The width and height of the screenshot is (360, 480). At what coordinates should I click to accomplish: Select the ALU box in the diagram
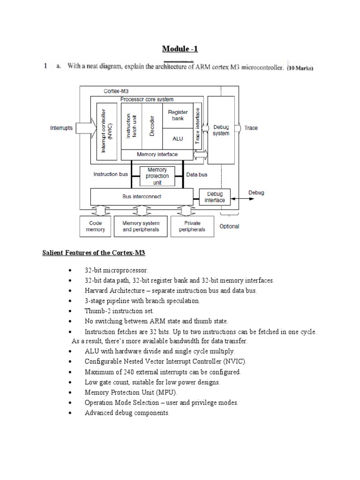tap(177, 139)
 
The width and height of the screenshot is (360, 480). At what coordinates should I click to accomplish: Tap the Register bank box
tap(177, 115)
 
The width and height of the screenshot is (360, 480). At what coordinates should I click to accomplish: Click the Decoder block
tap(152, 126)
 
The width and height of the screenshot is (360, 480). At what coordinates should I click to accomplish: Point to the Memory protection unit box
tap(157, 176)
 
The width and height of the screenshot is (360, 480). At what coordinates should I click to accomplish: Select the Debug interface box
tap(215, 197)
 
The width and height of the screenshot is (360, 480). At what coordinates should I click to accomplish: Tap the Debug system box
tap(221, 130)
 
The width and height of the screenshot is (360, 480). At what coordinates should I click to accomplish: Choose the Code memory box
tap(96, 226)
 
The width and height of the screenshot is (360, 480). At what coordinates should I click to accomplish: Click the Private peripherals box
tap(192, 226)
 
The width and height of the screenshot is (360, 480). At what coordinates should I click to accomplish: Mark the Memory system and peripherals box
tap(141, 226)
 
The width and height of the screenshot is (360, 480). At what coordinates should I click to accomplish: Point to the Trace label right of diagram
tap(251, 128)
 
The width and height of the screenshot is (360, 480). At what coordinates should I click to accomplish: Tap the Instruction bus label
tap(111, 174)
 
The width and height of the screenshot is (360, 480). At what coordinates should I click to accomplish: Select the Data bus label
tap(197, 174)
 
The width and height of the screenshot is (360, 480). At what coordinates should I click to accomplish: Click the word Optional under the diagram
tap(229, 226)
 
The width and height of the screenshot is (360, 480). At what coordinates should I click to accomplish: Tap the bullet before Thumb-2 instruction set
tap(70, 311)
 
